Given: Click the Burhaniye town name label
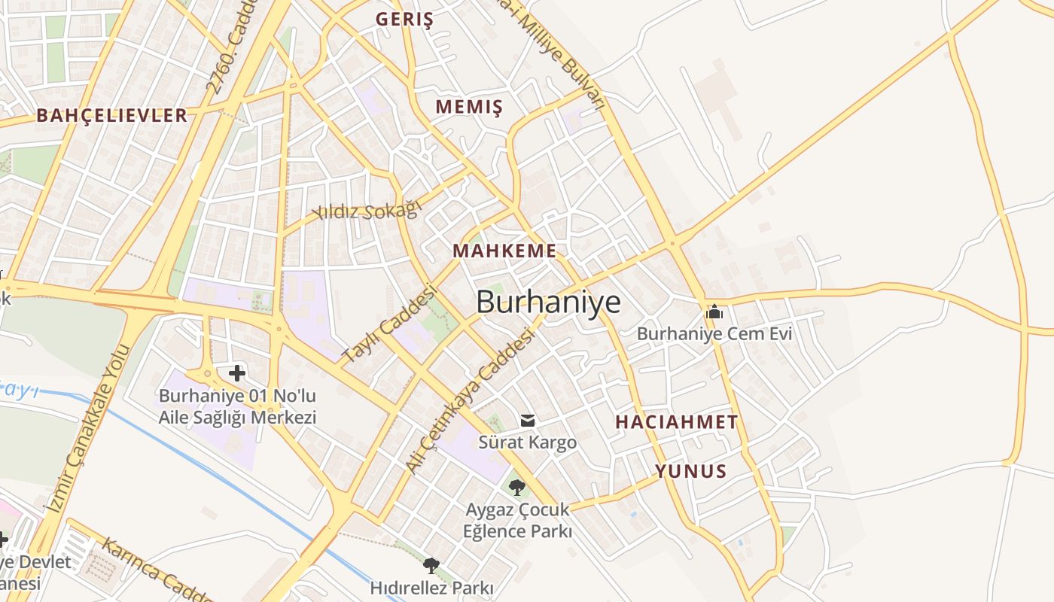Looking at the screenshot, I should [x=549, y=302].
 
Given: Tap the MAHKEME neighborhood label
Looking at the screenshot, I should [x=504, y=251].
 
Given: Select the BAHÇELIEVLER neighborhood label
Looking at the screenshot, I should [x=111, y=115].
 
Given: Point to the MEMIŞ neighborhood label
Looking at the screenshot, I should [x=468, y=107].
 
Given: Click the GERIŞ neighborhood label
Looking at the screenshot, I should [x=404, y=20].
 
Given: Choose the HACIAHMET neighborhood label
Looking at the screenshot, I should [x=676, y=422].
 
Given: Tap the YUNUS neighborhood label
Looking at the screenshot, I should [x=690, y=472].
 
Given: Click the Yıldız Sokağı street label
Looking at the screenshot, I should [x=367, y=211].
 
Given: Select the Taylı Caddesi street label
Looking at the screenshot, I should [x=389, y=323].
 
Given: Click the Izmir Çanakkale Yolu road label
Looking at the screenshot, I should [x=90, y=429].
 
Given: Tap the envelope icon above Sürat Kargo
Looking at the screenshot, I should [x=528, y=421].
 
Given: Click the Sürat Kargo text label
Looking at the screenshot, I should [x=528, y=442].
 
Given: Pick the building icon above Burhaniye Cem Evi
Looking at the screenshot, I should [x=714, y=311].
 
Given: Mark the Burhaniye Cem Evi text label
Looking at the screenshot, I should [x=714, y=333].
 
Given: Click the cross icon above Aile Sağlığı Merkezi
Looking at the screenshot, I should [x=237, y=372].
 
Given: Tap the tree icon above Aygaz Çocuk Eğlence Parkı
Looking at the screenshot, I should [x=517, y=488].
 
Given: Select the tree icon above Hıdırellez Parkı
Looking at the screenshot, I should [x=431, y=566].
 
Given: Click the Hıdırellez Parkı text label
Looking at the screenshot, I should [x=431, y=588].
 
